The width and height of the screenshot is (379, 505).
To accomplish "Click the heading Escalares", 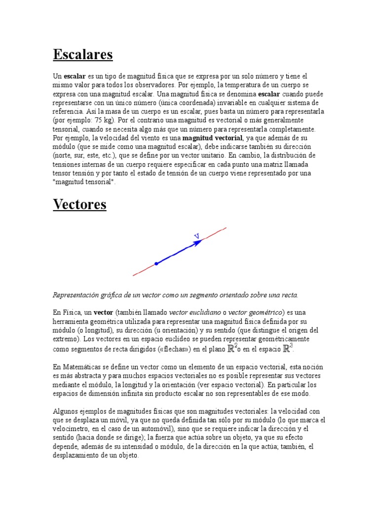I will tap(83, 54).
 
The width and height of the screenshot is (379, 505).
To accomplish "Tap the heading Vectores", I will tap(79, 204).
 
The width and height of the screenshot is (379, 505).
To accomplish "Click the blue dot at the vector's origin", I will tap(156, 264).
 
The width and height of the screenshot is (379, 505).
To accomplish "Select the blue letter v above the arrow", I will tap(196, 236).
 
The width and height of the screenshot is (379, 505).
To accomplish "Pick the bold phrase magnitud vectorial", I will tap(213, 138).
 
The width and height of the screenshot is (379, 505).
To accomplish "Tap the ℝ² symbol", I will tap(232, 349).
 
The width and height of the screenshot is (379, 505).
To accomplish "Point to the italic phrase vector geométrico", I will tap(256, 312).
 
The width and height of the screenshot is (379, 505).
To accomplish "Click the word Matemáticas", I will tap(81, 367).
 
